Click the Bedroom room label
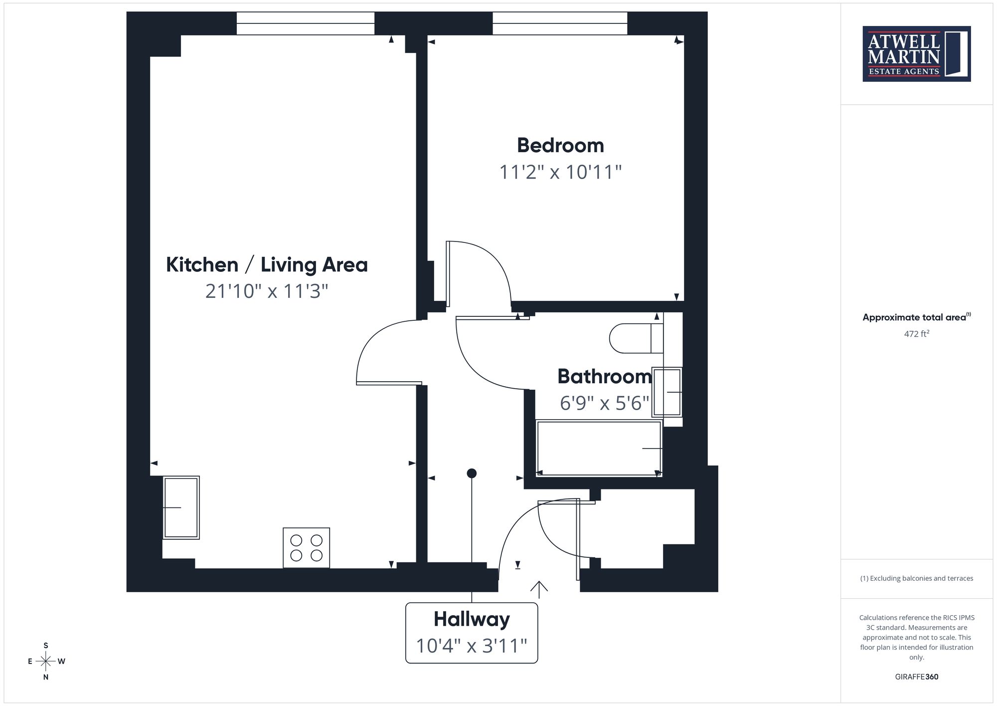[x=560, y=145]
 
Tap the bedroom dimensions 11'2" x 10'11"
[x=560, y=172]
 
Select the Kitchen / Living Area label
[x=267, y=264]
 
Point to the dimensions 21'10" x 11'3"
[x=267, y=291]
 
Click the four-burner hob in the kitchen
[x=306, y=547]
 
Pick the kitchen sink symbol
[x=181, y=507]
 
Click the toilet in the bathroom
[x=637, y=338]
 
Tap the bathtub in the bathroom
[x=599, y=448]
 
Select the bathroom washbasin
[x=667, y=392]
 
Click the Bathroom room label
[x=605, y=376]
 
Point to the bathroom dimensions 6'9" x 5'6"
[x=605, y=403]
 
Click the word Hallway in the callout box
[x=472, y=619]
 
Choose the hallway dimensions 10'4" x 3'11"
[x=472, y=646]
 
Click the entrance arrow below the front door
[x=539, y=589]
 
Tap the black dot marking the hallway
[x=472, y=473]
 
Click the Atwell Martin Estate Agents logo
[x=917, y=54]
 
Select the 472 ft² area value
[x=917, y=333]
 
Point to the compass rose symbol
[x=46, y=662]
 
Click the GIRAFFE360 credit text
[x=917, y=677]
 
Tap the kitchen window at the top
[x=306, y=23]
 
